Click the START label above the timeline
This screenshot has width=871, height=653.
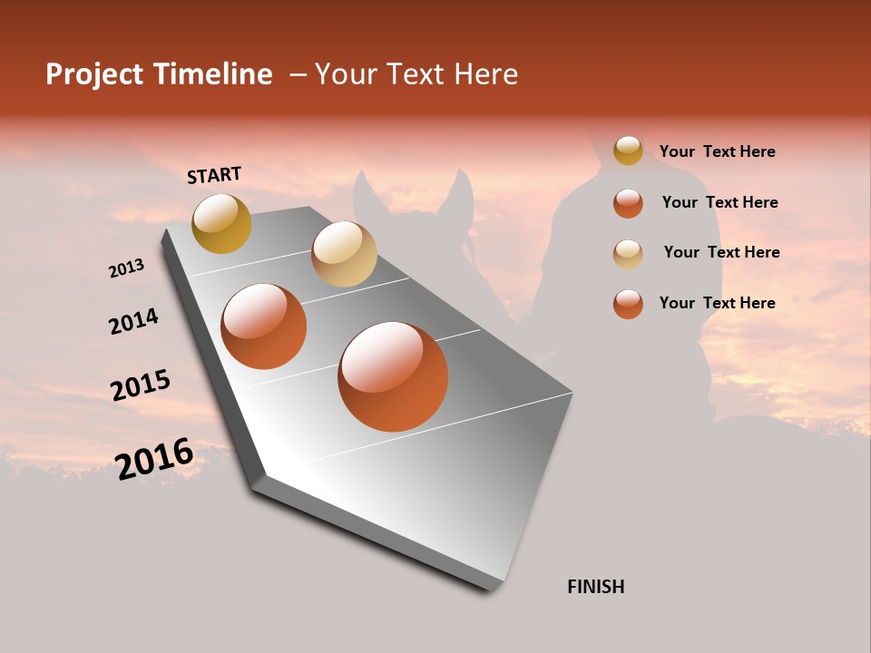(214, 175)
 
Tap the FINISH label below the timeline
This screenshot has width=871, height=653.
(595, 587)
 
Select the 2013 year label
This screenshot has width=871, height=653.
(126, 268)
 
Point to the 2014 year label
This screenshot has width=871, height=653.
(133, 322)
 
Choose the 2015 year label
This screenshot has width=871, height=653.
(141, 385)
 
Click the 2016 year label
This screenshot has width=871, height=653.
(154, 459)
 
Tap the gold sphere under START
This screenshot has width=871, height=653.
(221, 223)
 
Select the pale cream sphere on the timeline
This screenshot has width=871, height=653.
(344, 253)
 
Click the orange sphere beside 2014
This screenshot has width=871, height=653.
(264, 326)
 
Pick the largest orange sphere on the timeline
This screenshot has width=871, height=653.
(393, 376)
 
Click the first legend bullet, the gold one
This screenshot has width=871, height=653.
(628, 151)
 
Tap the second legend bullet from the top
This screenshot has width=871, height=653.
(628, 203)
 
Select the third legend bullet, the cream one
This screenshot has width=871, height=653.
(628, 253)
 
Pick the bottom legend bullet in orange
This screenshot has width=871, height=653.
(628, 304)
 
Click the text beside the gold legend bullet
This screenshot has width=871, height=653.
(717, 151)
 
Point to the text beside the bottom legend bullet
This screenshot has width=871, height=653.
(717, 303)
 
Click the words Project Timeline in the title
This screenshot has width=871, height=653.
(159, 74)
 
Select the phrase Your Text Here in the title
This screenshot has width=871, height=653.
(416, 74)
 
